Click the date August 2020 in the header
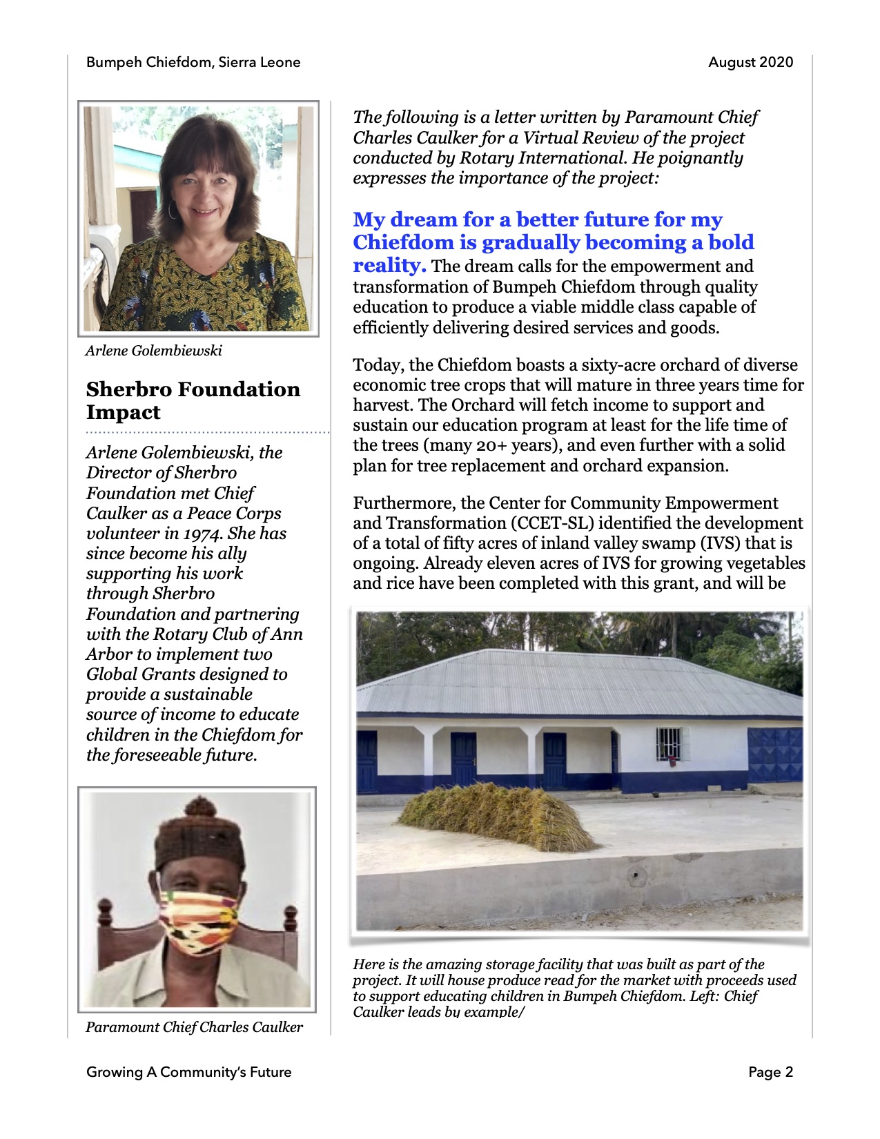pos(750,62)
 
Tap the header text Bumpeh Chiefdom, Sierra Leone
pos(193,62)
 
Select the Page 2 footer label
pos(770,1072)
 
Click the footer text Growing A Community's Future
pos(188,1072)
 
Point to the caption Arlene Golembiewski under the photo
pos(153,351)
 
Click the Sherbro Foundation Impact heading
pos(193,400)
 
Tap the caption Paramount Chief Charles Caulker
pos(194,1027)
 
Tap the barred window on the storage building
pos(668,744)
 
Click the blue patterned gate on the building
pos(774,755)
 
